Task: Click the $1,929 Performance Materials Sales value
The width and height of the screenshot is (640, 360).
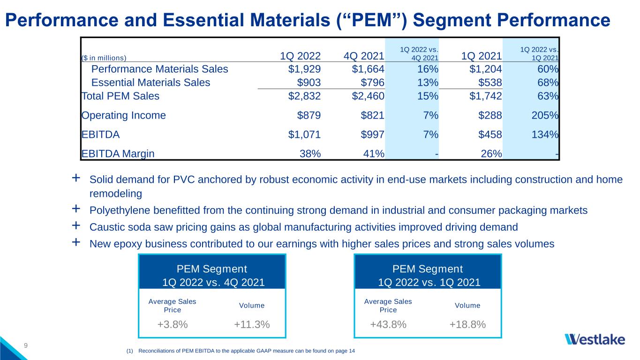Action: coord(304,69)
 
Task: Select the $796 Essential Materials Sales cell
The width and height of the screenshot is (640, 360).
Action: coord(372,82)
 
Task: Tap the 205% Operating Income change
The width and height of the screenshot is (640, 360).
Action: coord(545,115)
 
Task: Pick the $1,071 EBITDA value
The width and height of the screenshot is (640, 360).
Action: coord(304,135)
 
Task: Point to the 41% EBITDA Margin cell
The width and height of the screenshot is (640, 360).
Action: coord(374,154)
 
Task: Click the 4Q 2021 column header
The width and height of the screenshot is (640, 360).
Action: coord(364,56)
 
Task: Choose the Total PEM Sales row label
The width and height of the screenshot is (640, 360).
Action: coord(120,96)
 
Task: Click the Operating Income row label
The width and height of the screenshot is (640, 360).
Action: coord(123,115)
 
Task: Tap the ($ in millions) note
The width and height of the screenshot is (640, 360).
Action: coord(104,58)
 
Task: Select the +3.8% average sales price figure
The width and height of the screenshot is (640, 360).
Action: coord(173,324)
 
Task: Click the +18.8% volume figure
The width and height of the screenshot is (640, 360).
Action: coord(467,324)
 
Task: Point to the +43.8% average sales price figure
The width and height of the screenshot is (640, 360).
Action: coord(388,324)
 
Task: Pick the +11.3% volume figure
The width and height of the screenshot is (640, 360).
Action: coord(252,324)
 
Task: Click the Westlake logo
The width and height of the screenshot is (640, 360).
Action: coord(595,339)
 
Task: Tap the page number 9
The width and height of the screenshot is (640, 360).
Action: coord(26,346)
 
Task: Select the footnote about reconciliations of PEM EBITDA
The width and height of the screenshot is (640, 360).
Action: coord(241,351)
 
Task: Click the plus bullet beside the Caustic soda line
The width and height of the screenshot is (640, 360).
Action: coord(76,226)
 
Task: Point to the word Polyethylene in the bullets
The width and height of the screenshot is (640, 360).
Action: coord(120,210)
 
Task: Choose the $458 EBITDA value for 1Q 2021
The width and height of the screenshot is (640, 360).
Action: coord(490,135)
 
